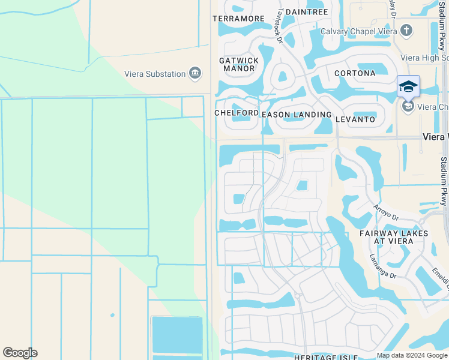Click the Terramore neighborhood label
point(238,19)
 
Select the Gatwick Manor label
point(239,64)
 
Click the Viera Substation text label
point(155,74)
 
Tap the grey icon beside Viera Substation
point(195,73)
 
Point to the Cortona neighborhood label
point(355,73)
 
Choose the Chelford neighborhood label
point(236,113)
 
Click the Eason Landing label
point(297,114)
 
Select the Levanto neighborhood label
point(356,119)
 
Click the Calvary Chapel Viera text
point(358,31)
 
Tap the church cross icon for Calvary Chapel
point(406,30)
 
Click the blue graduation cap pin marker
point(408,87)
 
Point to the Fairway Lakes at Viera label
point(394,237)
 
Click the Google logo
point(20,353)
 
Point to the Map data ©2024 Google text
point(411,355)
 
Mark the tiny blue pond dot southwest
point(112,314)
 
